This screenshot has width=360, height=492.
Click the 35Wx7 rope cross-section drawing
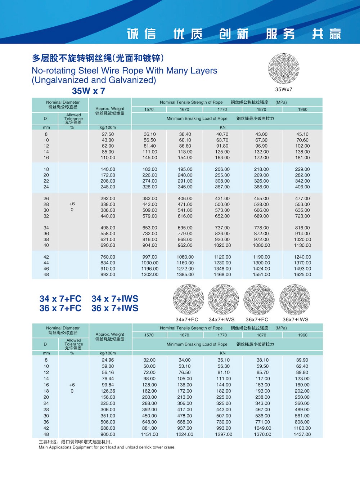284,68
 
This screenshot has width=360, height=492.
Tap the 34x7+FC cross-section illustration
188,299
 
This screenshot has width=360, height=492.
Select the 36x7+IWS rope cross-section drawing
295,299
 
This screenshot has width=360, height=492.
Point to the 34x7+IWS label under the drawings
221,319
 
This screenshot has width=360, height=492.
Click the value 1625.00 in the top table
302,274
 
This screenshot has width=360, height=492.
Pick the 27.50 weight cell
108,134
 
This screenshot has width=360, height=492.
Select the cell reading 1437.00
302,434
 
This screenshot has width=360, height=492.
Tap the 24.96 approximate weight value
108,360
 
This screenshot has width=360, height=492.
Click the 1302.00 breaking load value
150,274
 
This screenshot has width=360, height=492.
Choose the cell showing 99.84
108,385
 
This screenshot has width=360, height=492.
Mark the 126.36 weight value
108,391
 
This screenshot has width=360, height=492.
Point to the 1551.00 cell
261,274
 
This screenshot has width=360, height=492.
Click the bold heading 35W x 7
89,91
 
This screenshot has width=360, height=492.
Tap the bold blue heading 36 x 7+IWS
115,308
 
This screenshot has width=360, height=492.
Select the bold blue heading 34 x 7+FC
60,299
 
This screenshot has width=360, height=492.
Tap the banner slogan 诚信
141,34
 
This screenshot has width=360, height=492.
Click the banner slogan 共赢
326,34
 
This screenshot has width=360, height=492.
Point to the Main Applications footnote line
107,447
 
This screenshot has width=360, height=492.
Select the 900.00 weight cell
108,434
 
